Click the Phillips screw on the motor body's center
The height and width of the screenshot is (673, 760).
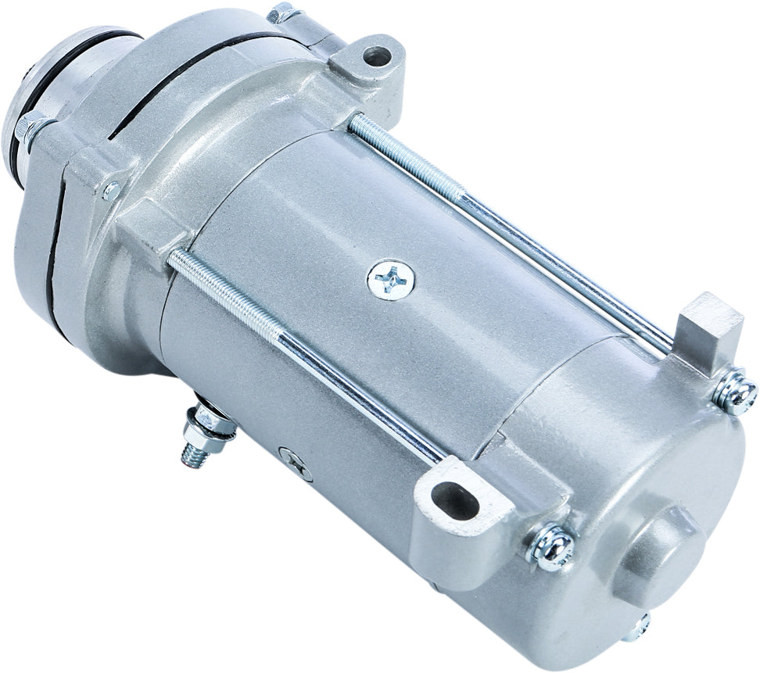pos(391,278)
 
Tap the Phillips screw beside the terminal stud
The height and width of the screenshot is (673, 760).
pos(296,464)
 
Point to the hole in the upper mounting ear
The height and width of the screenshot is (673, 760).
pos(377,55)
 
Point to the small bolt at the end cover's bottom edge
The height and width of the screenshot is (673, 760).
pos(640,625)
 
